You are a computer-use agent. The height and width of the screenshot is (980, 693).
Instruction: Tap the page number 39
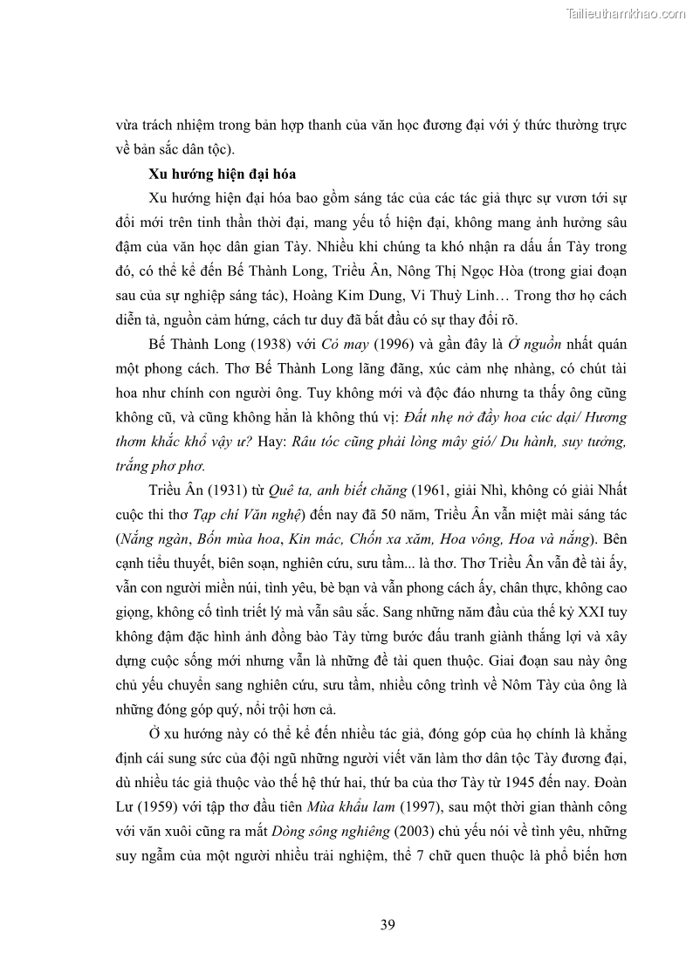388,925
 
